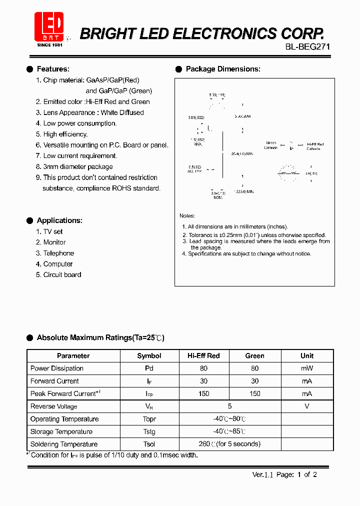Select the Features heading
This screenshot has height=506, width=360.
(x=53, y=69)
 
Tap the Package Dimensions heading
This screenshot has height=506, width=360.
(x=222, y=69)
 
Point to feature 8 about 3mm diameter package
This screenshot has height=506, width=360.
(x=74, y=166)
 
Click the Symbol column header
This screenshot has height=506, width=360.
(x=149, y=356)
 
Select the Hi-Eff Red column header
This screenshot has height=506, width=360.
(x=203, y=356)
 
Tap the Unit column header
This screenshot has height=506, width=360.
(x=307, y=356)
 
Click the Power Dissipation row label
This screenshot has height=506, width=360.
(x=57, y=368)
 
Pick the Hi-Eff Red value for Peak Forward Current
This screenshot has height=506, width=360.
(x=203, y=394)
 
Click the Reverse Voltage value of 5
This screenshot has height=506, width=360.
(x=229, y=406)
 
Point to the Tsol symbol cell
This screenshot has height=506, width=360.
(x=149, y=444)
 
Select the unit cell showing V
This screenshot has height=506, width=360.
(x=307, y=406)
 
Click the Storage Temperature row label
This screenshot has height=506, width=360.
(x=61, y=431)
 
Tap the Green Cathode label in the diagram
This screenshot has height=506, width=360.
(x=271, y=145)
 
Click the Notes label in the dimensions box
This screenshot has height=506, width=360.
(x=187, y=215)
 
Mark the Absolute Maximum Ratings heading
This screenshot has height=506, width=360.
(x=100, y=338)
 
